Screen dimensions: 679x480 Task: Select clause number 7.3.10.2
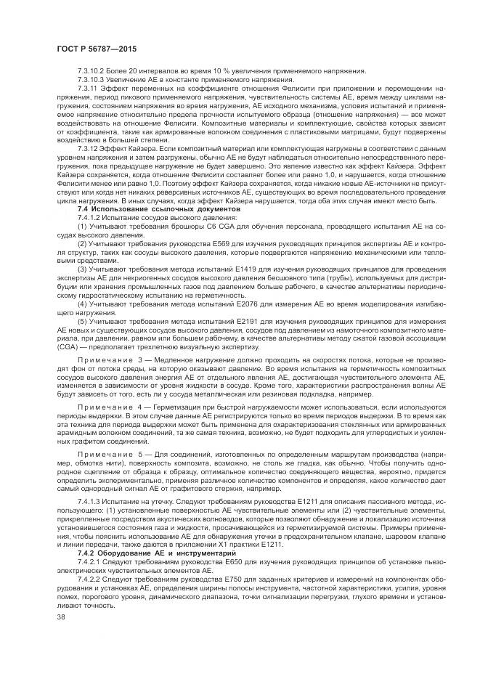coord(91,70)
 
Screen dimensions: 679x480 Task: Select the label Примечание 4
coord(107,407)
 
